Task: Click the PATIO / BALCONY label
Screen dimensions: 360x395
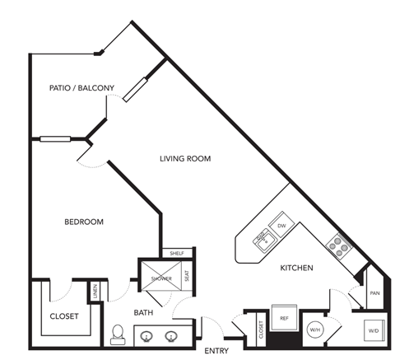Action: click(x=81, y=87)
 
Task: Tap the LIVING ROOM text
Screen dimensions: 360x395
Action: click(x=185, y=158)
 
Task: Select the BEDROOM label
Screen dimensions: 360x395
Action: click(x=84, y=222)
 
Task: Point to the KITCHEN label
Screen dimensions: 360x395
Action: click(x=296, y=268)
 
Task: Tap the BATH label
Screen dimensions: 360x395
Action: click(x=144, y=313)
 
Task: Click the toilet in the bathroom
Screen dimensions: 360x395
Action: click(x=118, y=334)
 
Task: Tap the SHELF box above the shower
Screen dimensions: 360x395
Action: click(x=176, y=253)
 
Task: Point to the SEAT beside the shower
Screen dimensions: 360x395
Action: click(x=188, y=277)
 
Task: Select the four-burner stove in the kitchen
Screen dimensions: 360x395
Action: click(x=337, y=243)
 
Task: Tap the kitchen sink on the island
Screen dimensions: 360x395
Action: click(x=262, y=239)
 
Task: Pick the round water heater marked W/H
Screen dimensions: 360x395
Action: click(x=316, y=330)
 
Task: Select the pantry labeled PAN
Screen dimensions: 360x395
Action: click(x=374, y=292)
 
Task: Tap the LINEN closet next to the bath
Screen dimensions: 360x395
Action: click(x=95, y=291)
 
